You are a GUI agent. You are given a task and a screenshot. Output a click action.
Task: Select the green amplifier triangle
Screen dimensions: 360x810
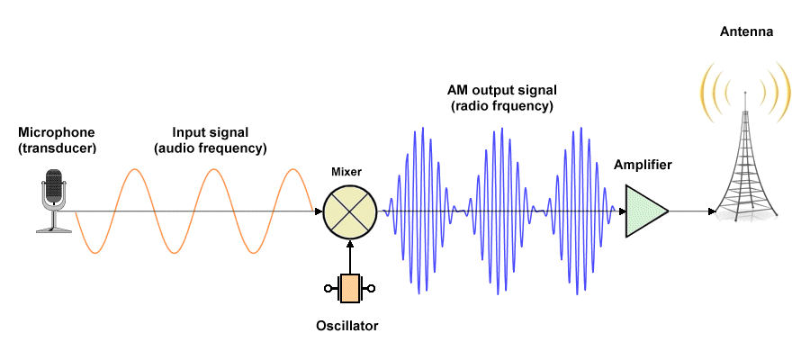point(644,212)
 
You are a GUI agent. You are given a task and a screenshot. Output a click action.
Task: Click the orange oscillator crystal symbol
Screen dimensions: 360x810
point(348,288)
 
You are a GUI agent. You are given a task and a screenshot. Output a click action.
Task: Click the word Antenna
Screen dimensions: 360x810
point(747,32)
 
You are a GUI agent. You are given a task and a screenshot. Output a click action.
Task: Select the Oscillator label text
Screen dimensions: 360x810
point(347,326)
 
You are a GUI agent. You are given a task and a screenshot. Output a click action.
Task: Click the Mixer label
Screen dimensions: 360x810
point(346,170)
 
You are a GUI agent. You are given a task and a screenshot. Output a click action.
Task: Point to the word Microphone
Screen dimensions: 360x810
point(56,132)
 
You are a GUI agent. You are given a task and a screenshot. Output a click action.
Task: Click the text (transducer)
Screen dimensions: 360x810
point(56,148)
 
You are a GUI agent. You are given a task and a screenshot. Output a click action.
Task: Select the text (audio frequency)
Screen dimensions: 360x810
point(211,148)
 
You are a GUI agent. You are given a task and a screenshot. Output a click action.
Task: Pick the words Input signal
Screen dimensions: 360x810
point(211,132)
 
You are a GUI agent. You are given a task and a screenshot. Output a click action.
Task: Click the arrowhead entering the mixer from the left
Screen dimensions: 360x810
point(318,212)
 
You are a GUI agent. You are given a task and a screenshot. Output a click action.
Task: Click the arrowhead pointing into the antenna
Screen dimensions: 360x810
point(711,212)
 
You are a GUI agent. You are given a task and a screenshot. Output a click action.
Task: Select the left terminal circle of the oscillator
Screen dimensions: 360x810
point(328,288)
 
